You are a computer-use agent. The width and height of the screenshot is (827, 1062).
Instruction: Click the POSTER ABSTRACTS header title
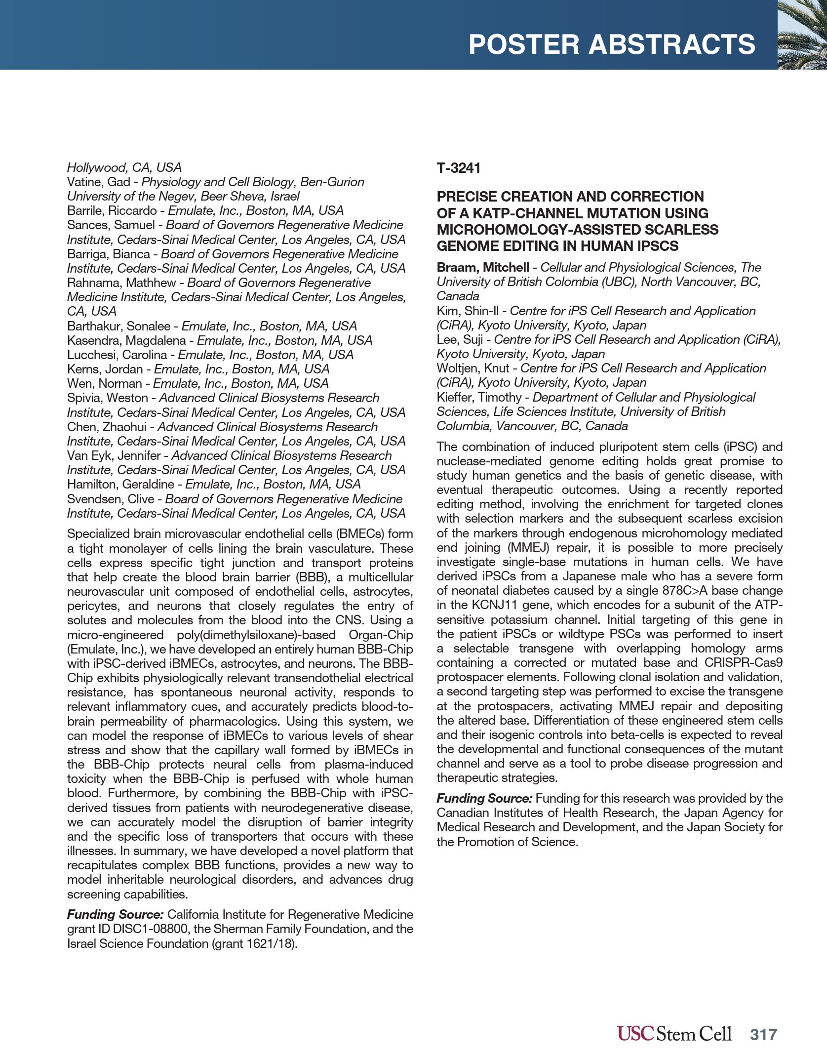tap(612, 44)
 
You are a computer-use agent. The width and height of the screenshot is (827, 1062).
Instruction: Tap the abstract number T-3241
tap(458, 168)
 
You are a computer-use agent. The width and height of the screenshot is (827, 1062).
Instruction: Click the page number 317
tap(763, 1034)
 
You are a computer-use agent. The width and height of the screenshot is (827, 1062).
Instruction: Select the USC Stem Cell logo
tap(674, 1033)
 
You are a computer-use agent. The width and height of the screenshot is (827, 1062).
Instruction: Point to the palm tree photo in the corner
tap(802, 35)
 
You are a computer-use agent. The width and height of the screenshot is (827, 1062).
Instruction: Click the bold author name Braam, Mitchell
tap(482, 268)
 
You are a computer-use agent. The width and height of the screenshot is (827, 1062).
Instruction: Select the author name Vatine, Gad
tap(98, 182)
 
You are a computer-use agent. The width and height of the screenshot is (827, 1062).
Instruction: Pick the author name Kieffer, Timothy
tap(479, 398)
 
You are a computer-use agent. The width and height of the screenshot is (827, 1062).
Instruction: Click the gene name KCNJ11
tap(494, 606)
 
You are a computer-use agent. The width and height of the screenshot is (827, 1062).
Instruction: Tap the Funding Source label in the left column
tap(115, 915)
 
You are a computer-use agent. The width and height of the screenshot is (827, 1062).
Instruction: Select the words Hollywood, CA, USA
tap(124, 167)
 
